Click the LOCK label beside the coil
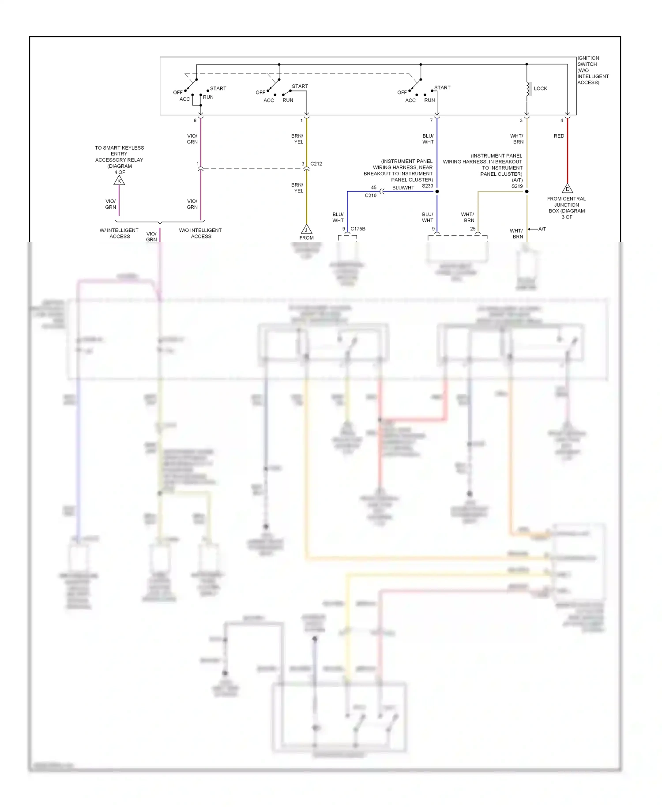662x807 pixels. coord(540,89)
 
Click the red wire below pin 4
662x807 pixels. coord(568,155)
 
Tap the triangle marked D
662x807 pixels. coord(568,189)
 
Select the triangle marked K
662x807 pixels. coord(119,181)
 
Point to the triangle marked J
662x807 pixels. coord(306,230)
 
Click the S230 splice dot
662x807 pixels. coord(437,192)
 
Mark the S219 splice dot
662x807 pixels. coord(527,192)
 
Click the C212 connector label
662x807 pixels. coord(316,164)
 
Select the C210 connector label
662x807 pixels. coord(370,196)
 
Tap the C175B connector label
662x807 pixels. coord(358,229)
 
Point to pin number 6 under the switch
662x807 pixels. coord(195,121)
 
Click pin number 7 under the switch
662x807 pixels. coord(431,121)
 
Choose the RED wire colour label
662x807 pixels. coord(559,136)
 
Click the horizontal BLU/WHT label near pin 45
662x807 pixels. coord(403,188)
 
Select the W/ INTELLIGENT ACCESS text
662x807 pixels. coord(119,233)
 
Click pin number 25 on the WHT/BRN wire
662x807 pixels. coord(473,229)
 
